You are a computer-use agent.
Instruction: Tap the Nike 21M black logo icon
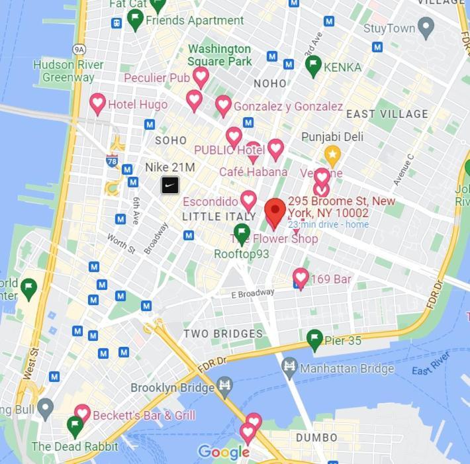tap(170, 185)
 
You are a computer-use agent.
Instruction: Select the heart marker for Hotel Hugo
tap(98, 103)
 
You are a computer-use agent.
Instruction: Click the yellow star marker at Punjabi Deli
tap(332, 156)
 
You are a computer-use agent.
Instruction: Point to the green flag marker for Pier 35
tap(315, 340)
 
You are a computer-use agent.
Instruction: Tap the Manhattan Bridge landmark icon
tap(289, 366)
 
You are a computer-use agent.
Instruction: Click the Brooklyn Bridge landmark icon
tap(225, 385)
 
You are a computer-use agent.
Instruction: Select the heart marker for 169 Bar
tap(301, 277)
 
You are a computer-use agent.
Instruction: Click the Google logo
tap(224, 453)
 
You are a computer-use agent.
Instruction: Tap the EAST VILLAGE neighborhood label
tap(387, 114)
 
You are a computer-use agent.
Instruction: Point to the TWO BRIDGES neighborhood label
tap(223, 334)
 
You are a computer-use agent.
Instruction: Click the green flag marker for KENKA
tap(313, 65)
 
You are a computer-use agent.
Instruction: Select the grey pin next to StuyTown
tap(426, 27)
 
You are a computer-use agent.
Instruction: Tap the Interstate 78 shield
tap(112, 160)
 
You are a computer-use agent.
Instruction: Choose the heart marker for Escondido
tap(248, 199)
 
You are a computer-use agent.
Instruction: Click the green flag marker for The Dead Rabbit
tap(75, 426)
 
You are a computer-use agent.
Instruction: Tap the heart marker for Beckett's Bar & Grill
tap(82, 414)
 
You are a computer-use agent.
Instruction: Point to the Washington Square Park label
tap(220, 55)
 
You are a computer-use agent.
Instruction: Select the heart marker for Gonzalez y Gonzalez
tap(224, 105)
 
